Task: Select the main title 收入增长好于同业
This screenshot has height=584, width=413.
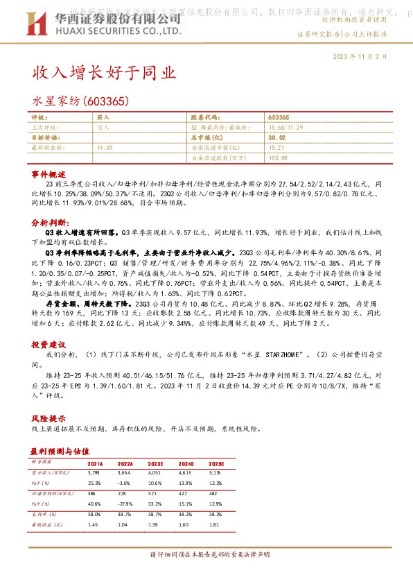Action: click(x=104, y=73)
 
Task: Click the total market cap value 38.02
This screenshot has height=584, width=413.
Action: click(x=276, y=138)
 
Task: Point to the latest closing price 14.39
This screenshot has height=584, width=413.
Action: click(x=105, y=148)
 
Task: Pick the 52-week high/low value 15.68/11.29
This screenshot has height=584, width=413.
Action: click(x=285, y=128)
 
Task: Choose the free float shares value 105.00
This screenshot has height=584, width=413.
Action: click(x=278, y=157)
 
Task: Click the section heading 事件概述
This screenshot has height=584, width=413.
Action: click(x=48, y=173)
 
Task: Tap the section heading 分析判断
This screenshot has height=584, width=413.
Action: click(x=49, y=223)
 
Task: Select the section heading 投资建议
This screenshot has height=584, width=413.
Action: click(x=48, y=344)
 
